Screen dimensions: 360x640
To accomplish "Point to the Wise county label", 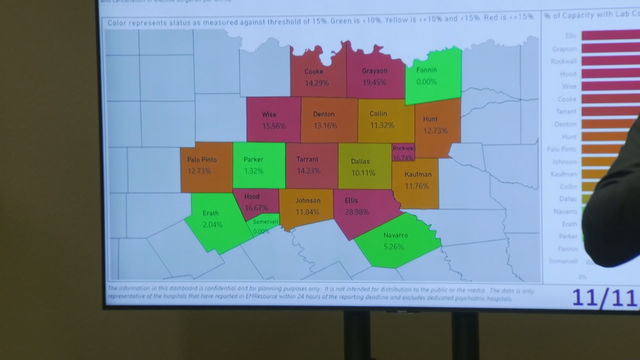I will (x=270, y=115).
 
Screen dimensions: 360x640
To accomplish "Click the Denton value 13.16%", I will (x=325, y=125).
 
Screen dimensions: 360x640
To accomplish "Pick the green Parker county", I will (x=255, y=165).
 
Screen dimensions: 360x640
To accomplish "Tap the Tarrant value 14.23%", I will (x=309, y=170).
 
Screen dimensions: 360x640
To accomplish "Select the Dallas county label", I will (x=363, y=160).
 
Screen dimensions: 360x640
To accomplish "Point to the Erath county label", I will (x=210, y=213).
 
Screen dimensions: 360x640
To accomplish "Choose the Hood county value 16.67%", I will (x=257, y=207).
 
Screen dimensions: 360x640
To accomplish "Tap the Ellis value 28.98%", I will (x=358, y=212).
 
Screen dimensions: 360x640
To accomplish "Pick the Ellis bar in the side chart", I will (x=606, y=35).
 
